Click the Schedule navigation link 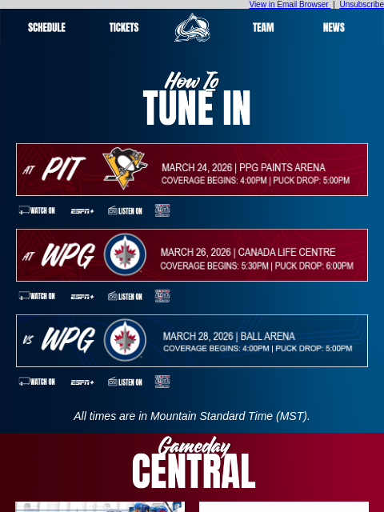tap(46, 27)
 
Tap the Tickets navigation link tap(124, 27)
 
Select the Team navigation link tap(263, 27)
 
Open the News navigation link tap(334, 27)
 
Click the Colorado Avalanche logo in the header tap(192, 28)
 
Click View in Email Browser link tap(289, 5)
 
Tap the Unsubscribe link tap(362, 5)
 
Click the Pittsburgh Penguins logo tap(125, 169)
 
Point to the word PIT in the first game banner tap(63, 170)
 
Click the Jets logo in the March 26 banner tap(125, 255)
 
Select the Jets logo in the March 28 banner tap(125, 340)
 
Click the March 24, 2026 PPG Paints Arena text tap(243, 167)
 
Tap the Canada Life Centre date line tap(248, 252)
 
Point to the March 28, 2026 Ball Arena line tap(229, 336)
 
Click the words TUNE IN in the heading tap(197, 109)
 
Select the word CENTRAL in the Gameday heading tap(194, 472)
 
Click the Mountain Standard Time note tap(192, 416)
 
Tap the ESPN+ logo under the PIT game tap(82, 211)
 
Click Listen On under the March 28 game tap(126, 382)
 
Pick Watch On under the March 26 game tap(38, 296)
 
